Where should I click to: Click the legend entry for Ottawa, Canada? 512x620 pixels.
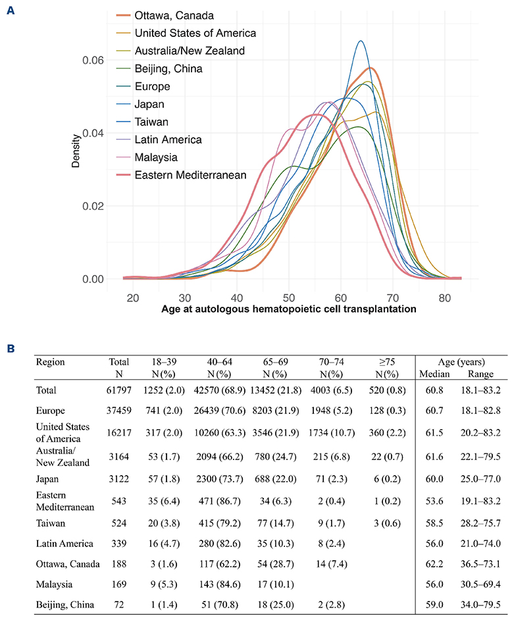[175, 15]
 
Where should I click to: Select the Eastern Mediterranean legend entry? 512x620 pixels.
[190, 175]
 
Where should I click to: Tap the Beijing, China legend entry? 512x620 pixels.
[168, 68]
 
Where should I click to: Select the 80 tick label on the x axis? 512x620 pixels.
[445, 297]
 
